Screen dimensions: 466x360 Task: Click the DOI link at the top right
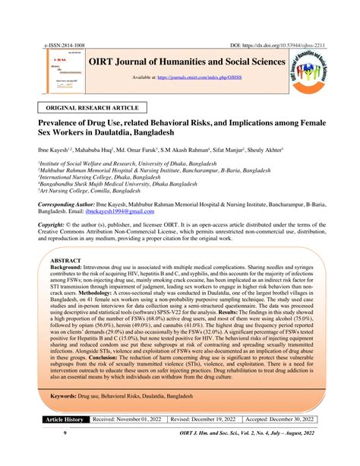click(278, 46)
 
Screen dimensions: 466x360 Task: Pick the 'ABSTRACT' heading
click(68, 260)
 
